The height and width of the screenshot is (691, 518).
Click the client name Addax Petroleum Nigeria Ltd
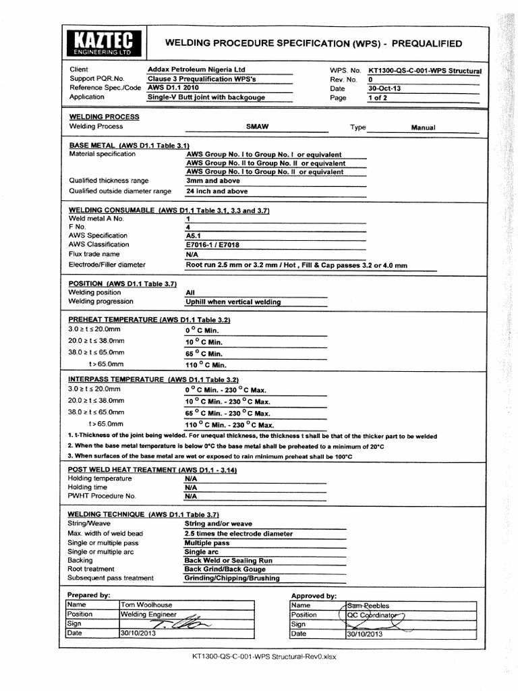tap(196, 70)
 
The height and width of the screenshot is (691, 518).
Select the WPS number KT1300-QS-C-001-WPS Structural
tap(424, 70)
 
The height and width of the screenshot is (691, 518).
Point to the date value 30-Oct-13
tap(384, 88)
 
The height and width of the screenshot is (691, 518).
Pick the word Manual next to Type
tap(423, 128)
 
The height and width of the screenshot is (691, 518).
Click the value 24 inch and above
tap(217, 191)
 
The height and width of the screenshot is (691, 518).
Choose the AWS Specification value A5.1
tap(194, 236)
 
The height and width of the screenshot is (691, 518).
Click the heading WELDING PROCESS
tap(105, 117)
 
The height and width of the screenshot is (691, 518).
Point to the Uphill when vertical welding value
tap(233, 302)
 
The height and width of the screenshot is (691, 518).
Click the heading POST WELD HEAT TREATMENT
tap(152, 469)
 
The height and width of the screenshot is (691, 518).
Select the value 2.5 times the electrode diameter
tap(238, 533)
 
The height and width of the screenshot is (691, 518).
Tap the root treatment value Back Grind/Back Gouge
tap(225, 569)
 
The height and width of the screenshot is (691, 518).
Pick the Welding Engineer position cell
tap(148, 615)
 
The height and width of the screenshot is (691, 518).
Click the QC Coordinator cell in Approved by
tap(374, 615)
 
